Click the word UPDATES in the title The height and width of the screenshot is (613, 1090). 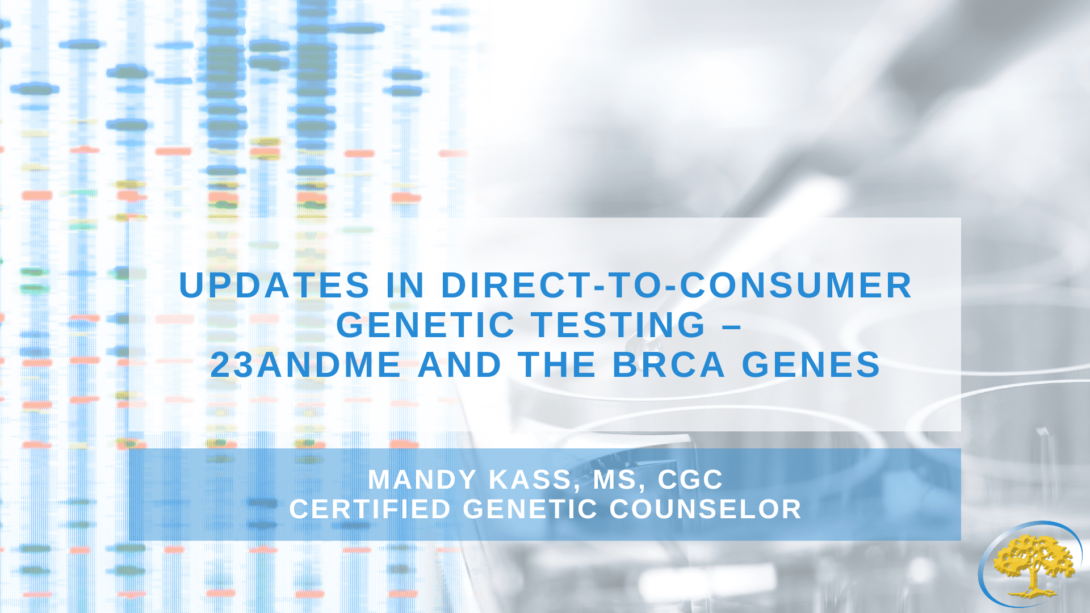point(274,285)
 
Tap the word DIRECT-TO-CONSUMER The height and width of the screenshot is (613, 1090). point(676,285)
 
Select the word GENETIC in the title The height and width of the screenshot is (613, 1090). point(425,325)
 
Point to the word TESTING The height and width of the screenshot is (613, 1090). point(619,325)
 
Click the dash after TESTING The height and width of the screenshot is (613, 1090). point(733,326)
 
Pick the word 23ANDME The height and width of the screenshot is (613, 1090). point(306,364)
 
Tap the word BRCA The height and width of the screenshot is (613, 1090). point(669,364)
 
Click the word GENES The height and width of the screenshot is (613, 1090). point(811,364)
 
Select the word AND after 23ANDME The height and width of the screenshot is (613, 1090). point(459,364)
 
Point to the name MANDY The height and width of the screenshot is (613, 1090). point(422,480)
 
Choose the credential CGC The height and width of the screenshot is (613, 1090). point(690,480)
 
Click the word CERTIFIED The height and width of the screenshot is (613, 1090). point(370,509)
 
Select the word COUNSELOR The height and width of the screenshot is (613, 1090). point(705,509)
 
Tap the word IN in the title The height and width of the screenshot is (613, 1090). point(405,285)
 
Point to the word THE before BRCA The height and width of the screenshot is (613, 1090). point(557,364)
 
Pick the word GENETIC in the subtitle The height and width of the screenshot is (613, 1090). point(530,509)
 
